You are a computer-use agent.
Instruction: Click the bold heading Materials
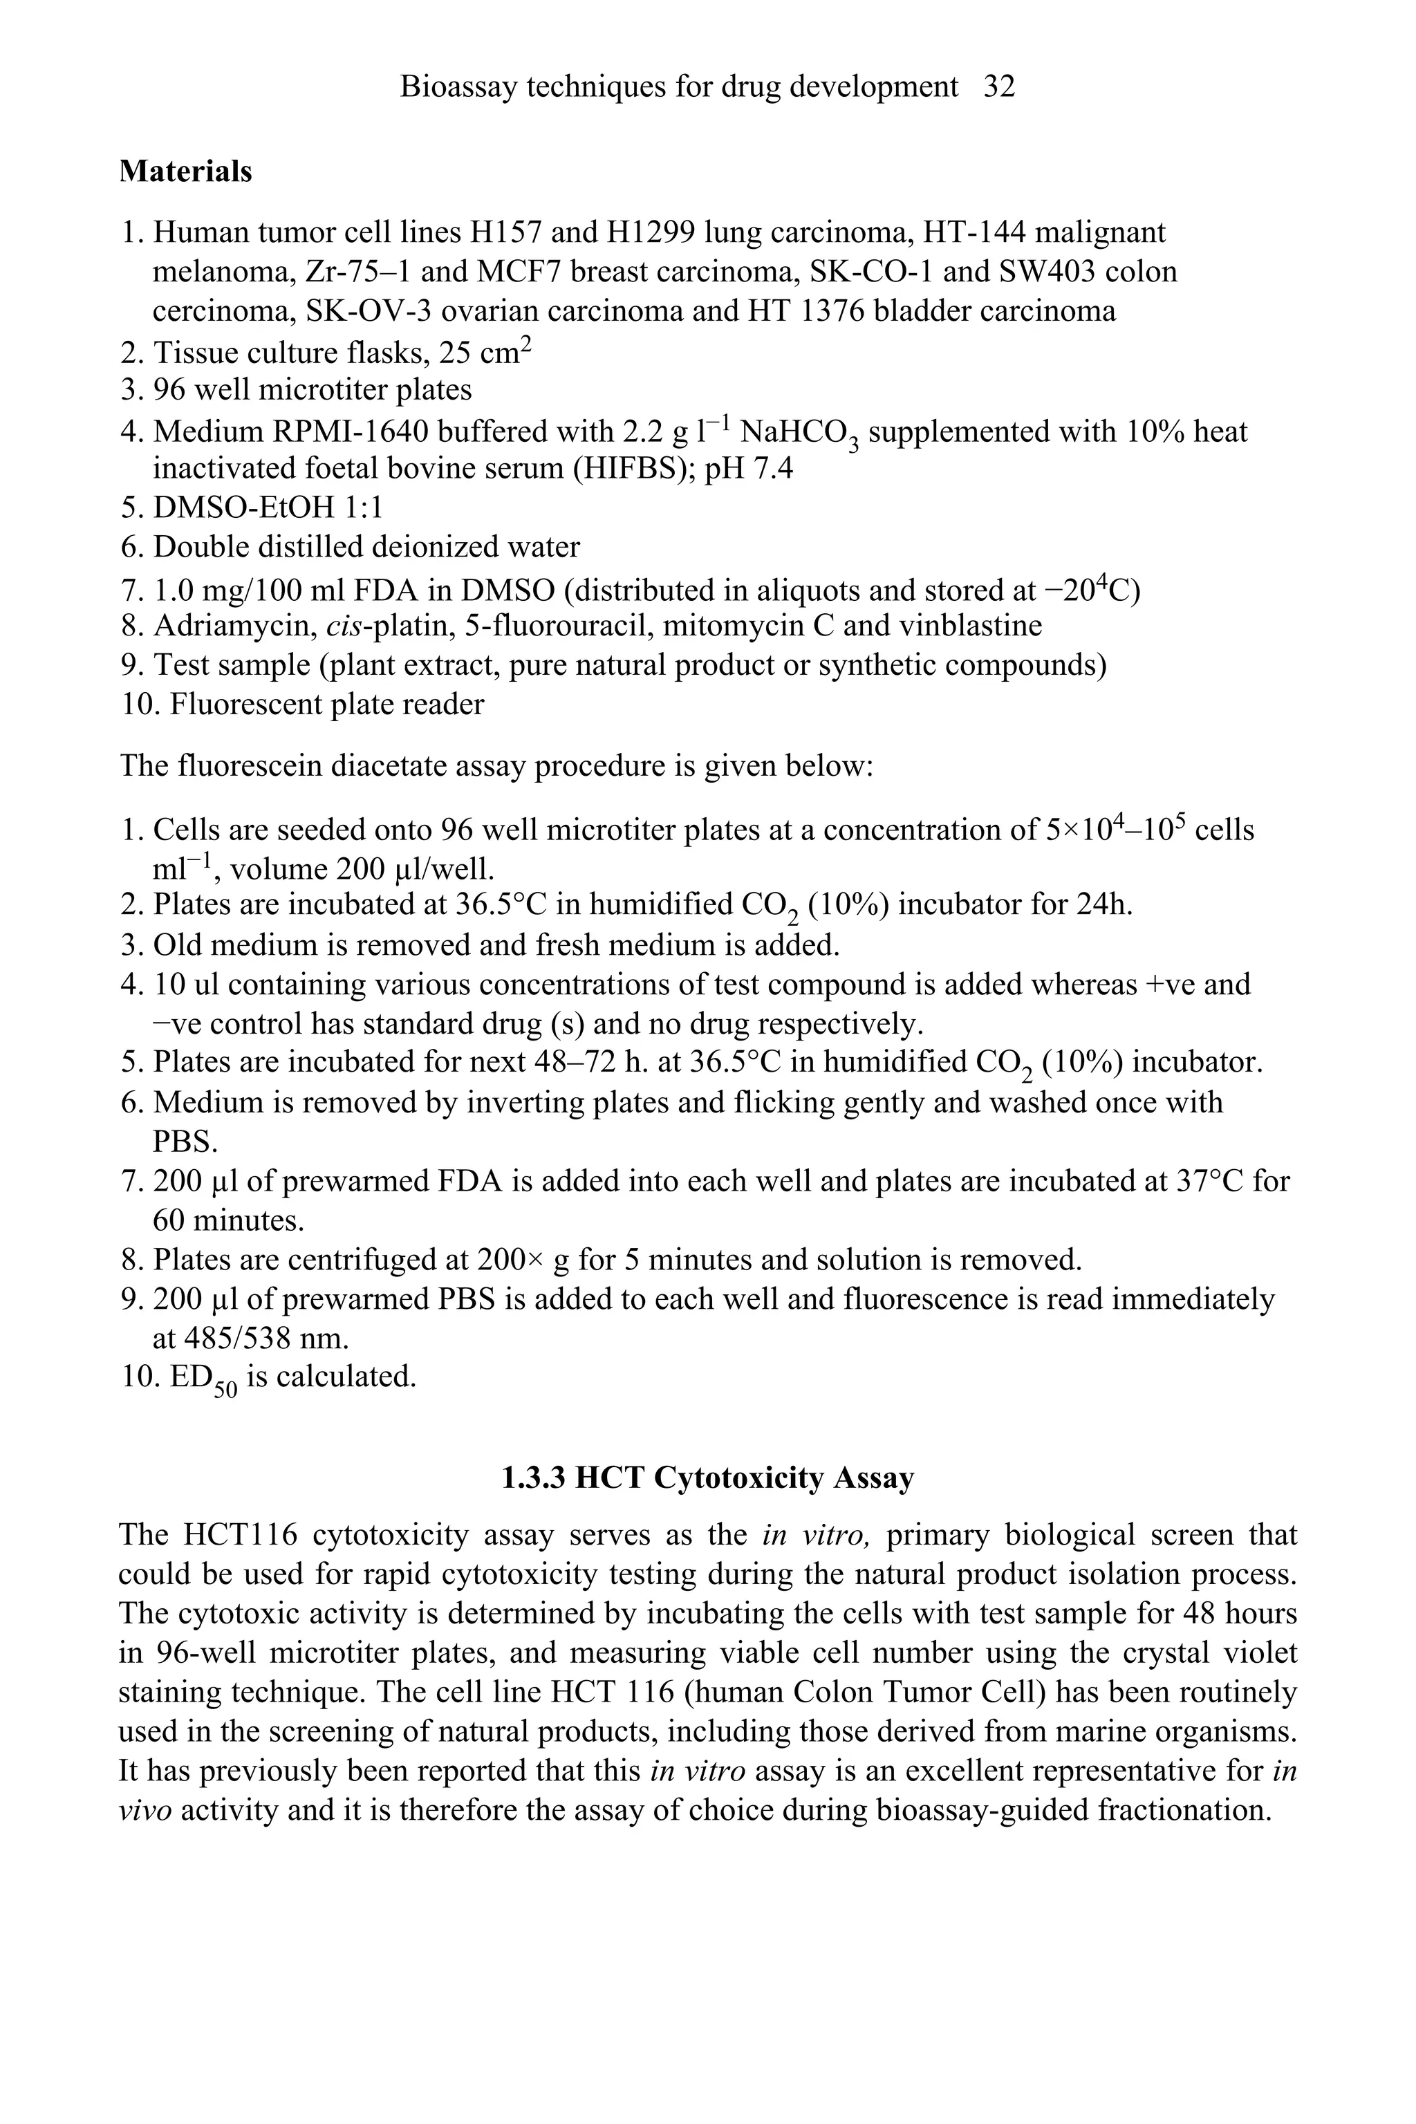(x=185, y=171)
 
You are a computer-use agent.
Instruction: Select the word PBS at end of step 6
(x=185, y=1142)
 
